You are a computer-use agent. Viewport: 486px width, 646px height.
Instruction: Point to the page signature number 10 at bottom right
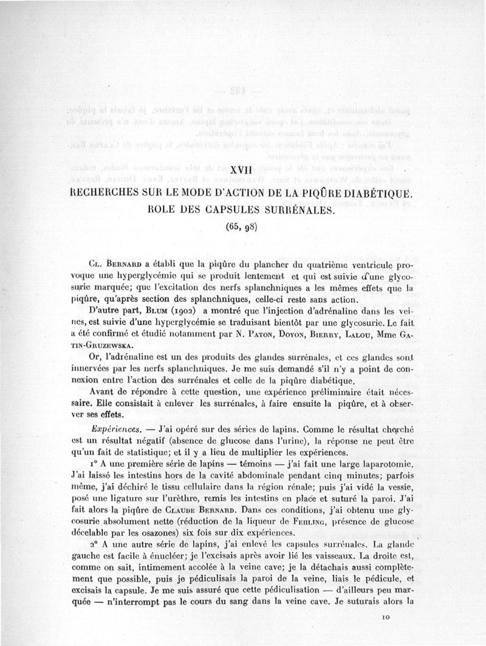[x=386, y=618]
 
